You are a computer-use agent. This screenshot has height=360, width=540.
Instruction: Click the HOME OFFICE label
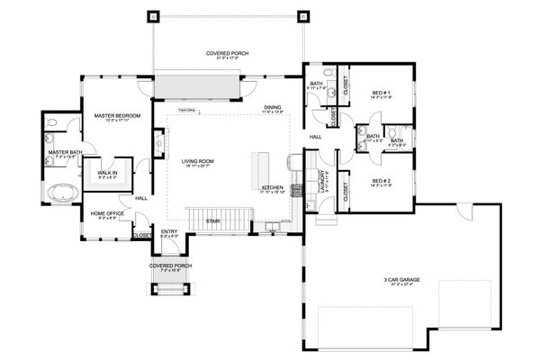(x=106, y=213)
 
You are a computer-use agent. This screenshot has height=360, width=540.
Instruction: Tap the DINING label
(x=274, y=108)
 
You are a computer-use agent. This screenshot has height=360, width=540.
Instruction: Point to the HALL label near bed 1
(x=316, y=137)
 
